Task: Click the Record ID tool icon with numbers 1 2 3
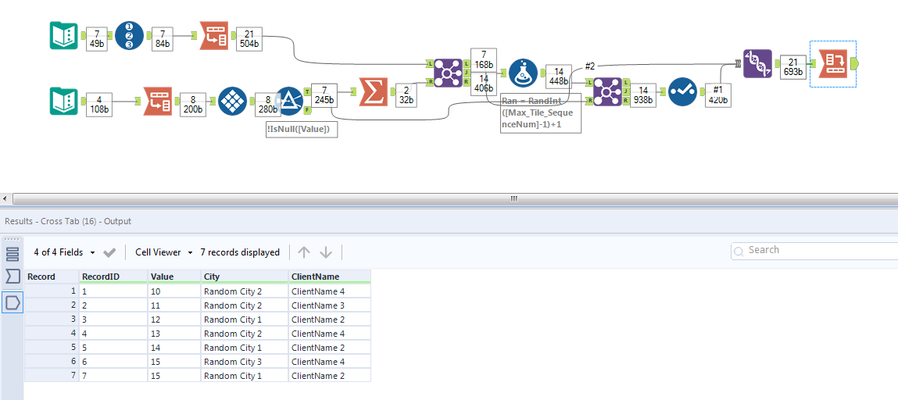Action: click(130, 35)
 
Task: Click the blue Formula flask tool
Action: click(523, 73)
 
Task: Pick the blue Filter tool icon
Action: click(289, 101)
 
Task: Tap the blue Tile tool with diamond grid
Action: click(233, 101)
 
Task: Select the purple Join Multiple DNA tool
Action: click(757, 63)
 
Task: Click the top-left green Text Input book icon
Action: click(64, 35)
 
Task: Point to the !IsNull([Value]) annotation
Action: click(302, 129)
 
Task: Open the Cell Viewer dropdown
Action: click(163, 252)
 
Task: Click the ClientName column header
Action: click(315, 277)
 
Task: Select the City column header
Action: click(212, 277)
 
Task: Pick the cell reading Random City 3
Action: click(232, 362)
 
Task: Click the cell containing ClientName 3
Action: click(317, 305)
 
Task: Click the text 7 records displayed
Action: click(240, 252)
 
